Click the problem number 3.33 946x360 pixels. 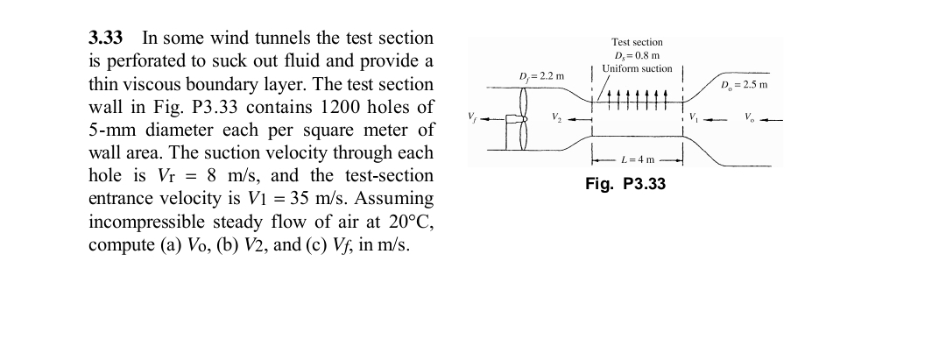point(106,39)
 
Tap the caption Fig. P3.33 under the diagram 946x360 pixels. point(625,184)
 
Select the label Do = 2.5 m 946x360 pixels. point(744,85)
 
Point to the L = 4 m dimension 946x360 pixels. point(637,159)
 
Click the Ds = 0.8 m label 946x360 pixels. point(637,55)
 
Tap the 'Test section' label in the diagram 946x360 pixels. point(637,42)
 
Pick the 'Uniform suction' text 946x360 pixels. point(637,68)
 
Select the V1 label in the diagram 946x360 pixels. point(695,117)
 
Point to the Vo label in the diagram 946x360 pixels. point(749,117)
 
